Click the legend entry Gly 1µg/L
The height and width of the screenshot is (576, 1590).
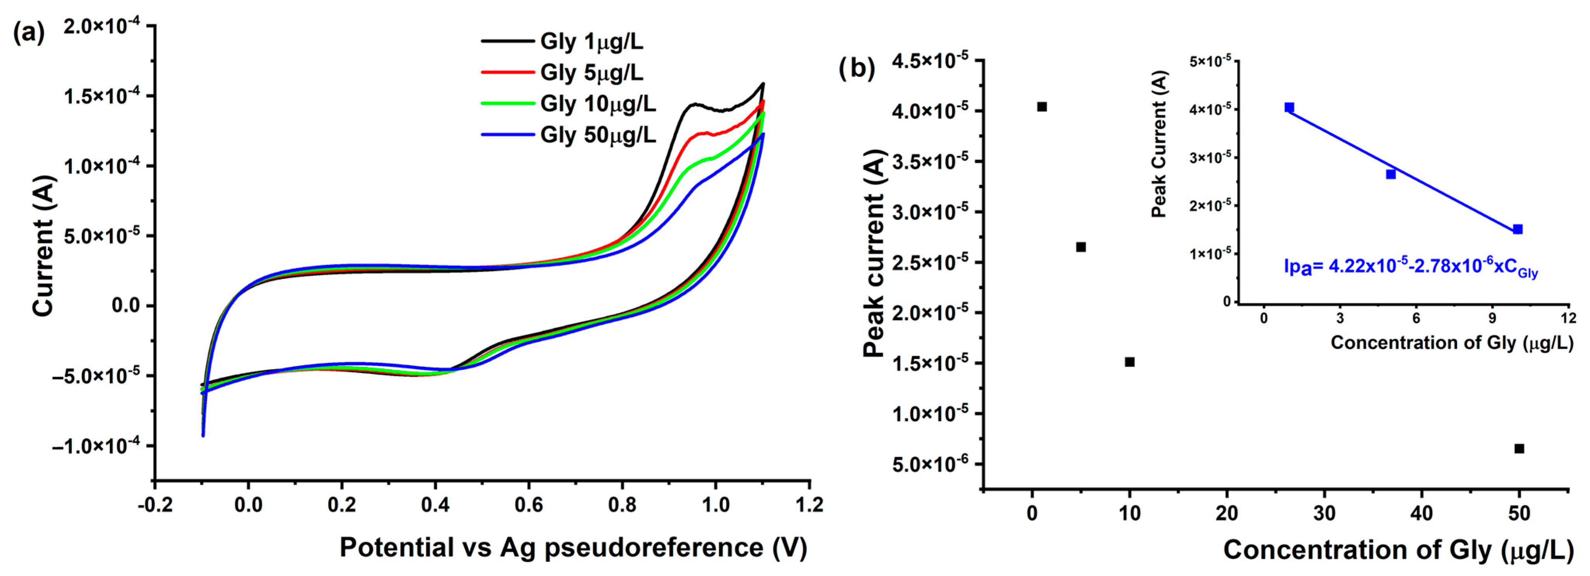pyautogui.click(x=591, y=42)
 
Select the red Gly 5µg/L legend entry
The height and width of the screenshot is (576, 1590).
pyautogui.click(x=591, y=73)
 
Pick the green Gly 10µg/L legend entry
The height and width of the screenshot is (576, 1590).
pyautogui.click(x=597, y=104)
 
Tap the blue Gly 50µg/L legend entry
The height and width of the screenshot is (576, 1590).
pyautogui.click(x=597, y=134)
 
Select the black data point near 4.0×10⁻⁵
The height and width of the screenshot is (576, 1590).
pyautogui.click(x=1042, y=107)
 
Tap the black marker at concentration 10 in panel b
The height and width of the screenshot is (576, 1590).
pyautogui.click(x=1129, y=362)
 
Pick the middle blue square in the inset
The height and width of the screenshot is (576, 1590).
pyautogui.click(x=1391, y=175)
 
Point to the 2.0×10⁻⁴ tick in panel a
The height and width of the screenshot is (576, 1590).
pyautogui.click(x=101, y=26)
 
